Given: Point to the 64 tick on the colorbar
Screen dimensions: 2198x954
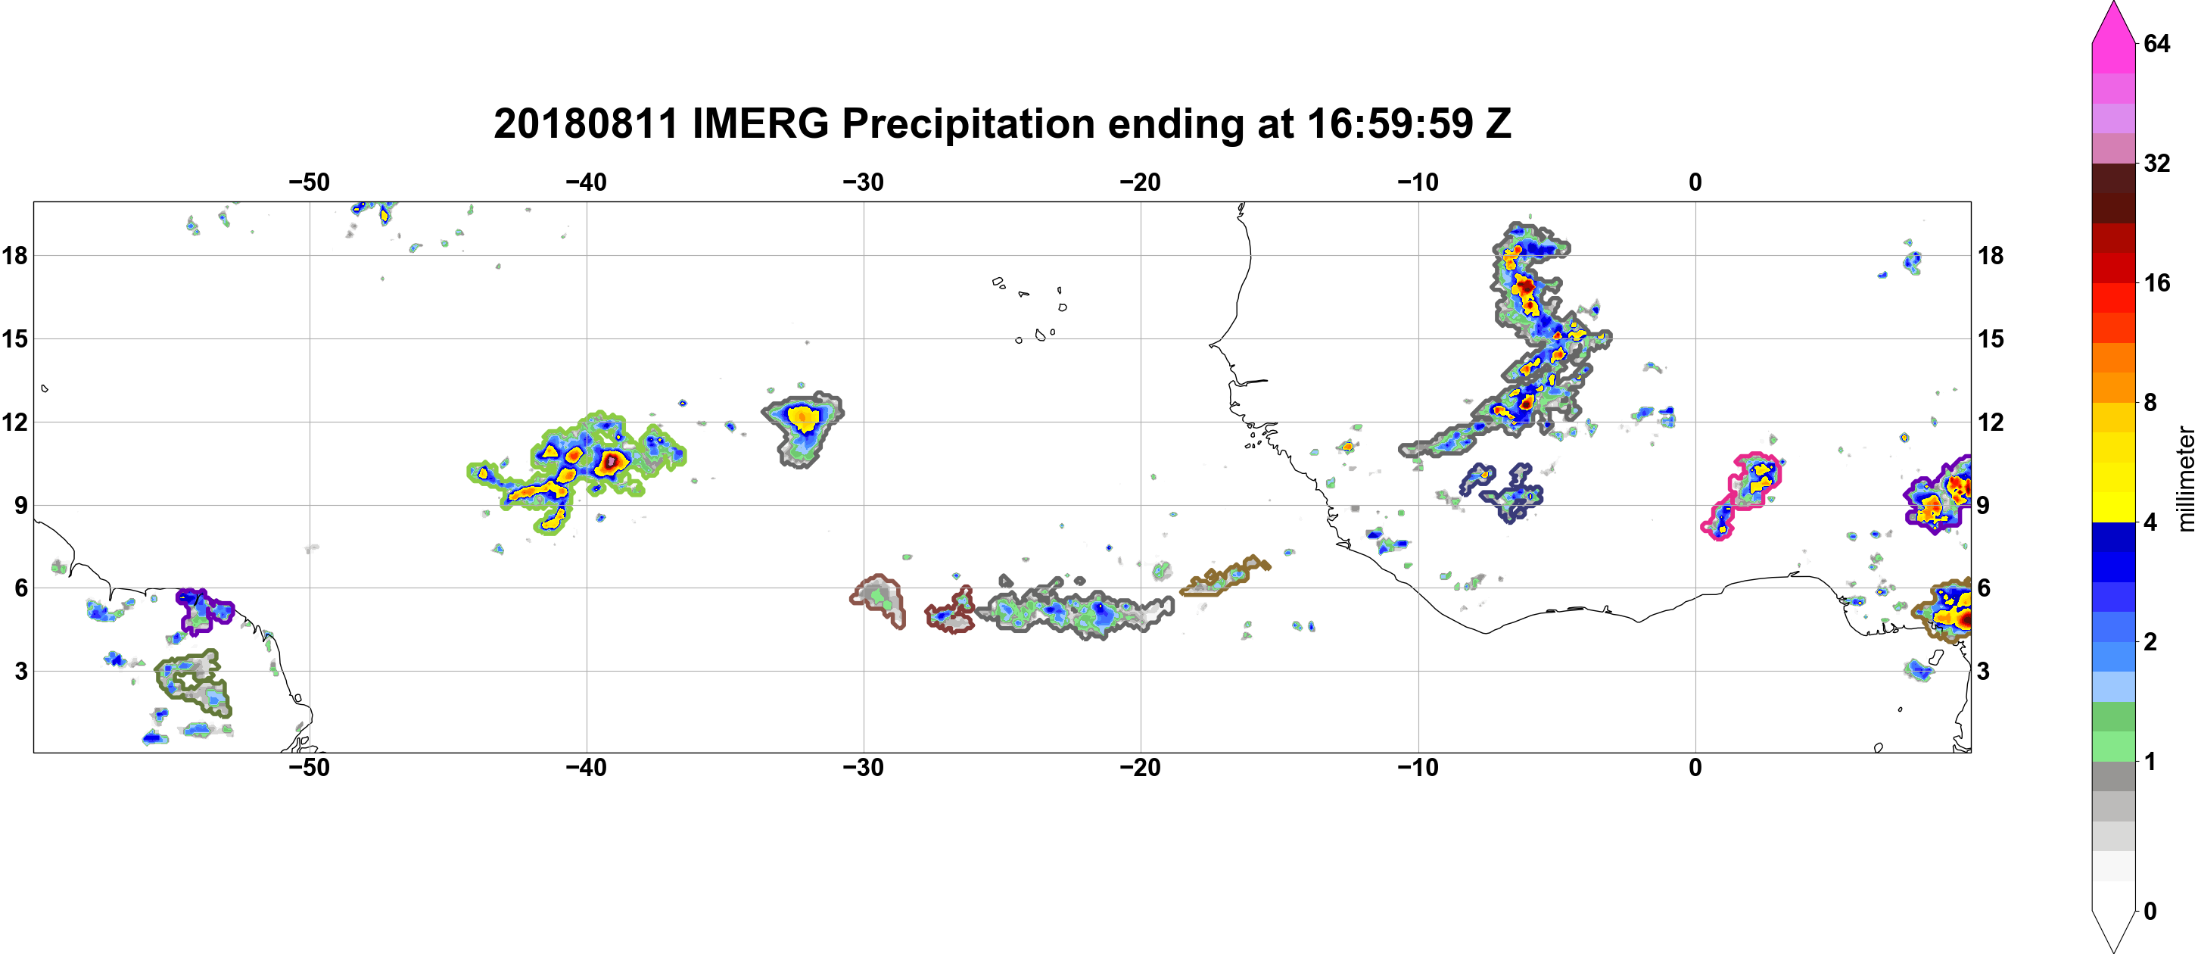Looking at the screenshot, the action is pos(2156,43).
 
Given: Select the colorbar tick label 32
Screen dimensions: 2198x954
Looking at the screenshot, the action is pos(2156,163).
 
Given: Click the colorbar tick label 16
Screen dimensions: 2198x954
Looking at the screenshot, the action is pos(2156,282).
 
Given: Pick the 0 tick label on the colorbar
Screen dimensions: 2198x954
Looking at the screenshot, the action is pos(2150,912).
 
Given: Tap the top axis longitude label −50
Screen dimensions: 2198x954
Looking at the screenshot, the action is pos(309,182).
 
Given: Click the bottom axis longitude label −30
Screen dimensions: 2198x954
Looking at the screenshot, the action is pos(864,768).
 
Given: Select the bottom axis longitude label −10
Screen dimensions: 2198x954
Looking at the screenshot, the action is pos(1418,768).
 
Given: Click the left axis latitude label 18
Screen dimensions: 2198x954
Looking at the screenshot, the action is pos(14,255).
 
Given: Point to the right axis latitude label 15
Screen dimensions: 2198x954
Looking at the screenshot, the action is pos(1991,338).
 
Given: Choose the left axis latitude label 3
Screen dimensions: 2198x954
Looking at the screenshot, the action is pos(20,672).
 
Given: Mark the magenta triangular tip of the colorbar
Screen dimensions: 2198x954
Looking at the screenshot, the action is pos(2113,21).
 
